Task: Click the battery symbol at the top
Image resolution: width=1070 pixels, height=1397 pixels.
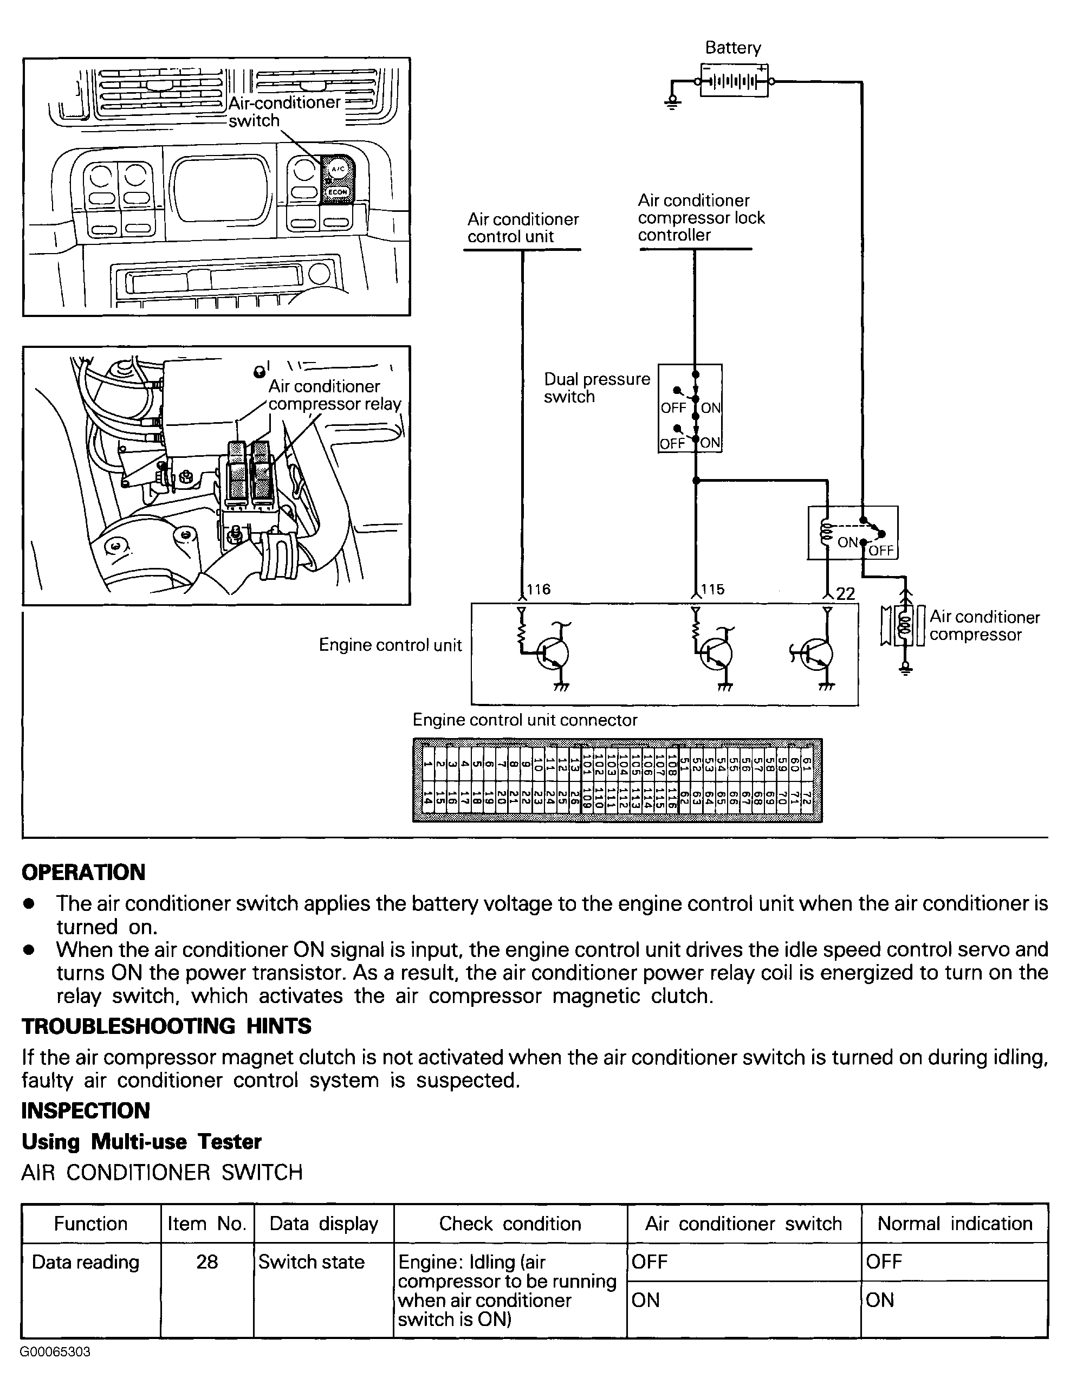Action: point(734,81)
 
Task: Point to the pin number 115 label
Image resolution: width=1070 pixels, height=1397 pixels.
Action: point(712,589)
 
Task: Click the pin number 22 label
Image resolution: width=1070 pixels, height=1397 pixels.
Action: point(845,594)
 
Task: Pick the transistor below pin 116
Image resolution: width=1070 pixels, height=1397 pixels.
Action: point(550,654)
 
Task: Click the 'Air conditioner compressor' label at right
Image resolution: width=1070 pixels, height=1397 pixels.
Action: point(983,625)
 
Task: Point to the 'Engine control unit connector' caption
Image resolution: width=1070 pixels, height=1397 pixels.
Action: point(525,720)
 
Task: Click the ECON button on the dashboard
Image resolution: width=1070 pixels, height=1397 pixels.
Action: point(337,191)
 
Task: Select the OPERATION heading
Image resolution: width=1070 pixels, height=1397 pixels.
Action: point(83,872)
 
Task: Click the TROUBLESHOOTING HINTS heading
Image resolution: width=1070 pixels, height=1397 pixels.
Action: point(166,1026)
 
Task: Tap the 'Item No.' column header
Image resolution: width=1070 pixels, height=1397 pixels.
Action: point(207,1223)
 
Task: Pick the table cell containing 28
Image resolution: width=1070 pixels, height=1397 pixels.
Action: point(207,1262)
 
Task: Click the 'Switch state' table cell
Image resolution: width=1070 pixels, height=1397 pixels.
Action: point(312,1262)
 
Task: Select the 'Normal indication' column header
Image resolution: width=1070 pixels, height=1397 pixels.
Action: point(954,1223)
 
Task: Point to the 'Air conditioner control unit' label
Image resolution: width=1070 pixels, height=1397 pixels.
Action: point(523,228)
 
